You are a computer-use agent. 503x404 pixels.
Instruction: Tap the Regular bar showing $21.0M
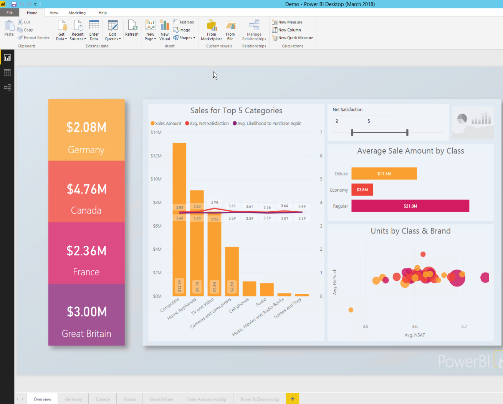[x=410, y=206]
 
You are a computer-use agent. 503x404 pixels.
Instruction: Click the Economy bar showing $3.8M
[x=362, y=190]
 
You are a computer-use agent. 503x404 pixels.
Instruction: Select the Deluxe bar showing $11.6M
[x=384, y=174]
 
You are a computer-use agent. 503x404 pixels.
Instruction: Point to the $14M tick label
[x=156, y=132]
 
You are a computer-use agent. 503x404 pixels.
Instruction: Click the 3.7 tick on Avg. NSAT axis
[x=464, y=326]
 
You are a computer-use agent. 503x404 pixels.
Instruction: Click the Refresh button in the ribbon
[x=132, y=29]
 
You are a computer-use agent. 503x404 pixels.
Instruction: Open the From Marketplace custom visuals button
[x=212, y=30]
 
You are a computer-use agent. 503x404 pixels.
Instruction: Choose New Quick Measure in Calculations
[x=293, y=38]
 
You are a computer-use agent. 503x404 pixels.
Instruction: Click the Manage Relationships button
[x=254, y=30]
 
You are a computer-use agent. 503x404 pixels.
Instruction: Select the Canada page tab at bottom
[x=103, y=399]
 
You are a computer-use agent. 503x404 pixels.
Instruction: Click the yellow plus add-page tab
[x=293, y=399]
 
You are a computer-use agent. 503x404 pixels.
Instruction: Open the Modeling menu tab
[x=77, y=13]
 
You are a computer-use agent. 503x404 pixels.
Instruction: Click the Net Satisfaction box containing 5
[x=379, y=121]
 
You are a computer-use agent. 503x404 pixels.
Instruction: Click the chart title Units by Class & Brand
[x=410, y=231]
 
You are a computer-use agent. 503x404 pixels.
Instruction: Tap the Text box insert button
[x=184, y=22]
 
